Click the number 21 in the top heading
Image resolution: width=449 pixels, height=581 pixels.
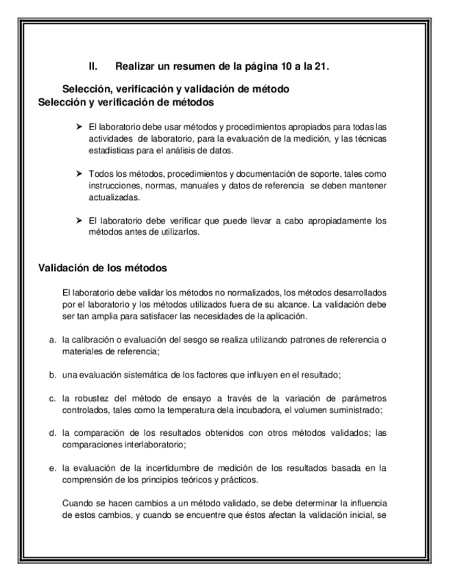321,66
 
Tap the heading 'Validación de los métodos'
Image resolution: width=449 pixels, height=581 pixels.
102,267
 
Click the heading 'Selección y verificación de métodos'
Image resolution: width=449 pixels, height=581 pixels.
126,102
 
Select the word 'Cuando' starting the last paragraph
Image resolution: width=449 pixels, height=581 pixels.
75,503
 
